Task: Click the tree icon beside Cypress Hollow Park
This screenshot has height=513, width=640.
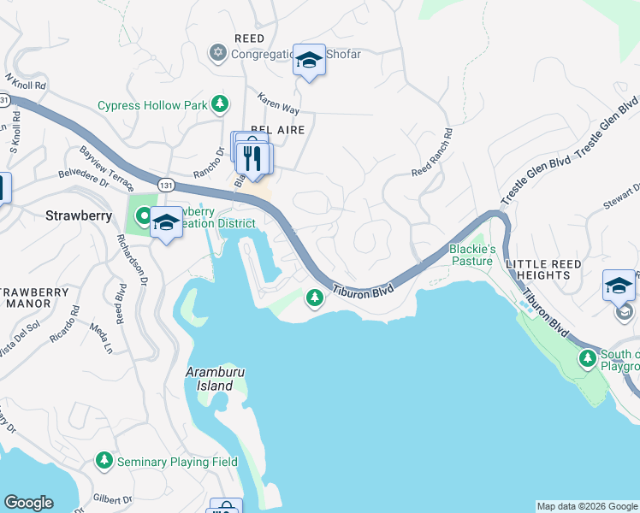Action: [x=221, y=104]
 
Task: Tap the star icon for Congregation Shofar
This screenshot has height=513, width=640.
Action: [x=217, y=54]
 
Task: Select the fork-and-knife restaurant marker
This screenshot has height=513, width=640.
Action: [x=253, y=158]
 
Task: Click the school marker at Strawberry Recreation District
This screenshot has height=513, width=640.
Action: [x=166, y=223]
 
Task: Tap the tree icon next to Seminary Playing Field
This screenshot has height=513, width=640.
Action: [x=104, y=461]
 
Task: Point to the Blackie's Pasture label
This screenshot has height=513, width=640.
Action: [x=472, y=255]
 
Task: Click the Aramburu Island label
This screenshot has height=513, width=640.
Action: [x=210, y=379]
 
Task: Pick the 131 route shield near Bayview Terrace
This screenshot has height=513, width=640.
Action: [x=165, y=183]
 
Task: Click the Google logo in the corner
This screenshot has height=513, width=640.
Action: [x=28, y=502]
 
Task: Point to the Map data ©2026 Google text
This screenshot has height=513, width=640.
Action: [x=587, y=506]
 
